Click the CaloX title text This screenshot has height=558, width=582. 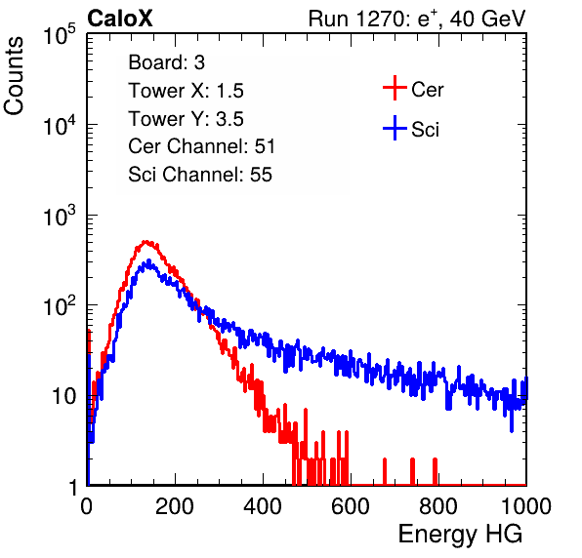click(120, 19)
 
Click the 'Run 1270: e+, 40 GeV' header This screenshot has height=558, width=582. click(417, 19)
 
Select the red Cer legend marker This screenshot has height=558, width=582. click(395, 88)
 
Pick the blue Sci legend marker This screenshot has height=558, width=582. click(395, 128)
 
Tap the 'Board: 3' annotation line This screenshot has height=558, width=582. click(166, 62)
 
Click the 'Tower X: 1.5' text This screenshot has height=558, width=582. click(186, 91)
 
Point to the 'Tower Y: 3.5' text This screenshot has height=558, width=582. click(186, 119)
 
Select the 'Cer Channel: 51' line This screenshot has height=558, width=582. click(201, 146)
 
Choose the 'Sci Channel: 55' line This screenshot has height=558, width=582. click(200, 175)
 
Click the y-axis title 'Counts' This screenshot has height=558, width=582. click(14, 76)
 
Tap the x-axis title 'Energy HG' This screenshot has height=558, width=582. click(460, 535)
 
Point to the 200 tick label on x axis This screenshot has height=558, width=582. click(175, 506)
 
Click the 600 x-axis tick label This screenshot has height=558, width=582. click(351, 506)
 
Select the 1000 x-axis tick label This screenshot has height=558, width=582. click(526, 506)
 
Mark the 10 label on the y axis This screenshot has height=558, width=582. click(64, 396)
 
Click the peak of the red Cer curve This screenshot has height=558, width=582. click(145, 242)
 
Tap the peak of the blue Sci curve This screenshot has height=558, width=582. click(148, 261)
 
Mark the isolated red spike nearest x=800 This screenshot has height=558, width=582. click(435, 471)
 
